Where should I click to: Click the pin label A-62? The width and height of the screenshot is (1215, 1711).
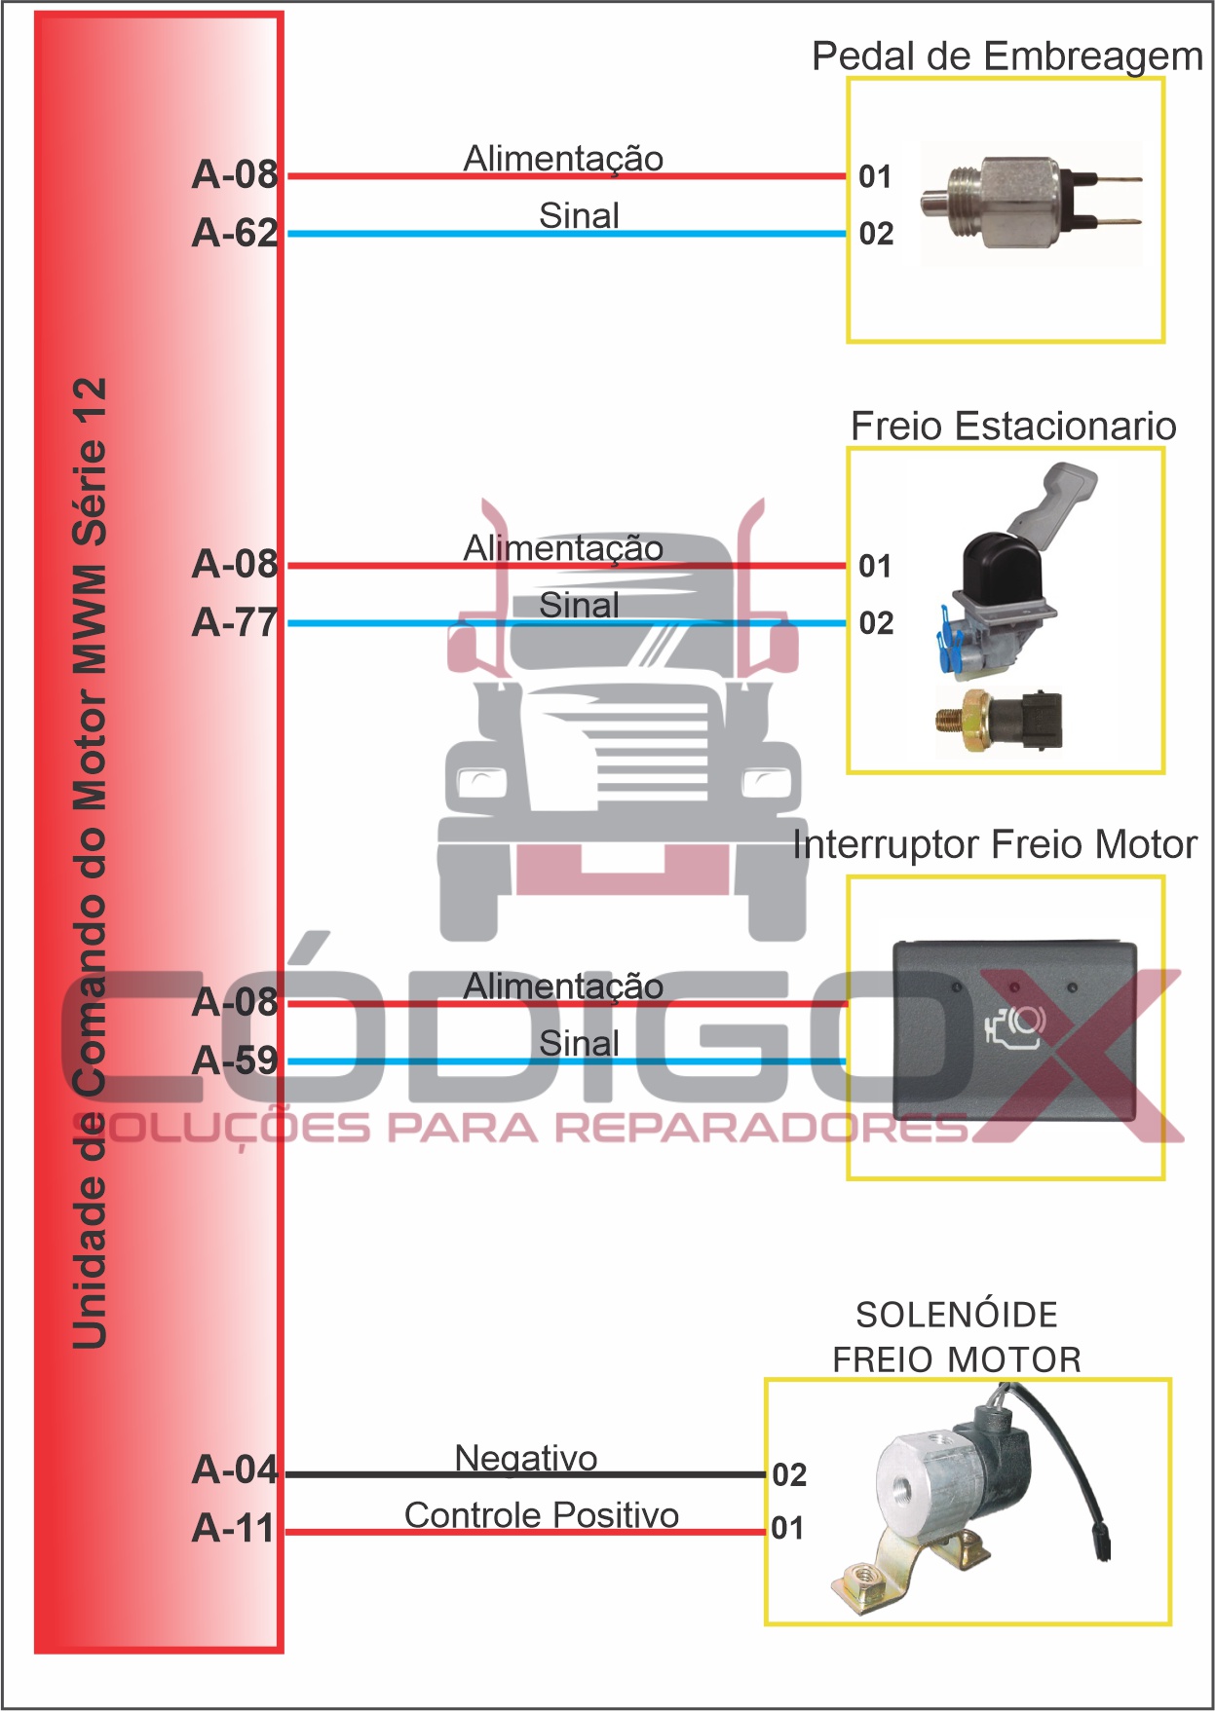[x=235, y=233]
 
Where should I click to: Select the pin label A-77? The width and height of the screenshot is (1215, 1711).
[x=235, y=622]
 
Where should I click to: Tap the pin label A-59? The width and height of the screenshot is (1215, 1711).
[x=235, y=1060]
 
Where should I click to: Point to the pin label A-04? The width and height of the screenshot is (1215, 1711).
[x=235, y=1469]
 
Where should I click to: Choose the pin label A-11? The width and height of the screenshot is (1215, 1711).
[x=233, y=1528]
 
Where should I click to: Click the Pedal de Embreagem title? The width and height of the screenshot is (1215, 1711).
[x=1006, y=56]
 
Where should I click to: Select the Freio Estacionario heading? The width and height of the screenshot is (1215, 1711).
[x=1012, y=427]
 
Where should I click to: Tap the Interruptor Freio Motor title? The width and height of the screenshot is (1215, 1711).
[x=994, y=844]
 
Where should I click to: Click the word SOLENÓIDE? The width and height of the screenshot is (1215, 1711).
[x=956, y=1315]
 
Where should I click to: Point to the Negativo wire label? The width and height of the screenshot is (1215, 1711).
[x=526, y=1458]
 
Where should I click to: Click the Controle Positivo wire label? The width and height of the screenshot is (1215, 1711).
[x=542, y=1515]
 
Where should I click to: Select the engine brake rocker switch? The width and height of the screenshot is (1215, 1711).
[x=1014, y=1030]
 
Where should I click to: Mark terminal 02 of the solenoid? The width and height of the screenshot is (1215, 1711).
[x=789, y=1474]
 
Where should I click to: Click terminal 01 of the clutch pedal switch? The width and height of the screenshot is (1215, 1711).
[x=875, y=176]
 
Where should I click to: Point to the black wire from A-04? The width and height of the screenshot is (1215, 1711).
[x=526, y=1474]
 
